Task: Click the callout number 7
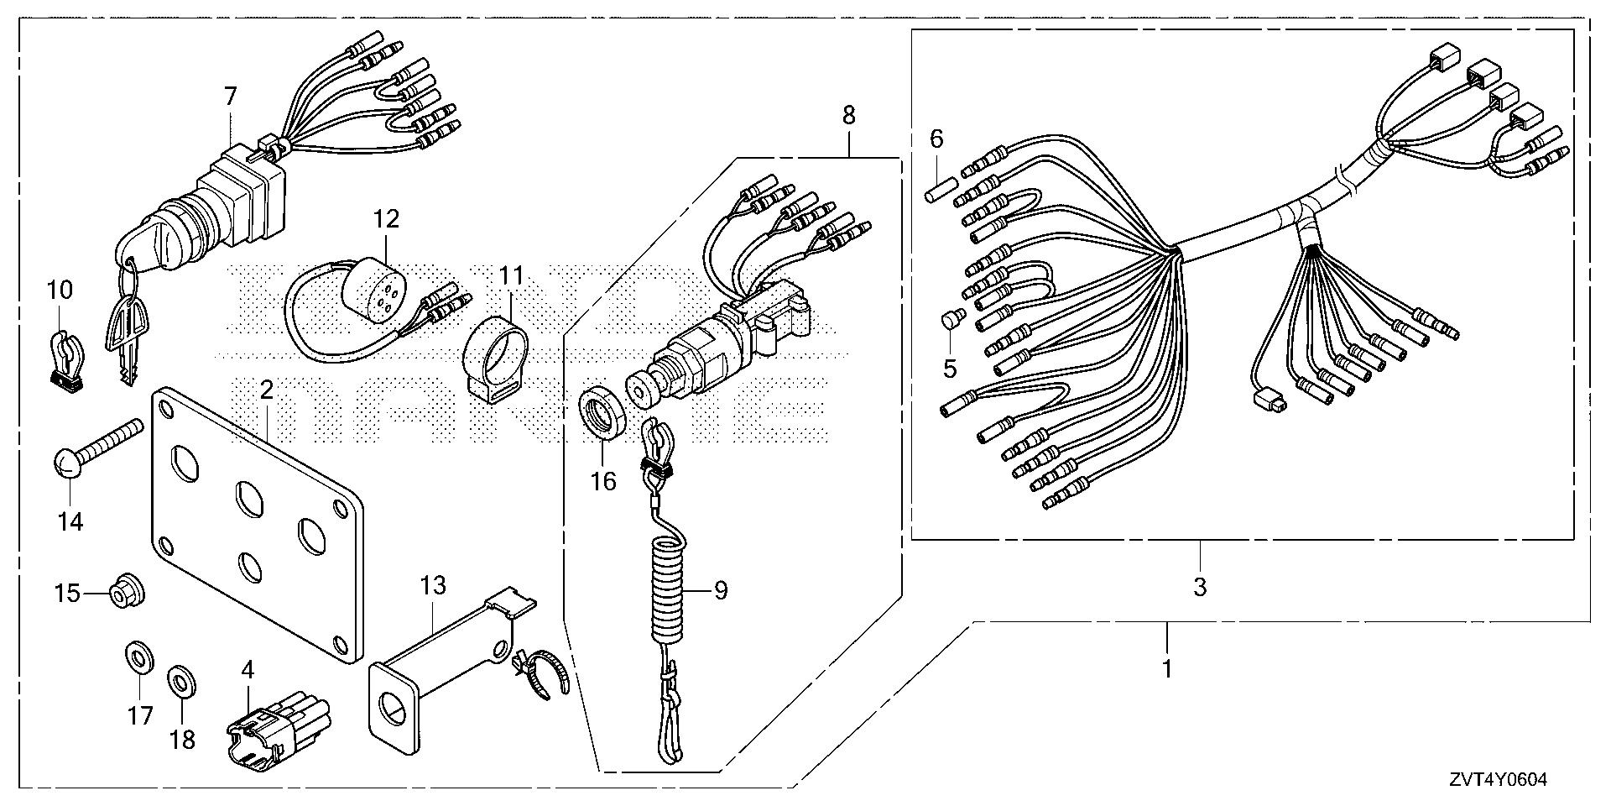coord(230,97)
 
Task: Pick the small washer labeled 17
coord(138,657)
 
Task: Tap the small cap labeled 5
coord(951,322)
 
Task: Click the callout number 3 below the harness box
coord(1200,587)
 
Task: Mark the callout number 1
coord(1166,669)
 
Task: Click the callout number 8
coord(848,116)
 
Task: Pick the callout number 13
coord(433,585)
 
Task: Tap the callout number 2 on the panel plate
coord(266,390)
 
